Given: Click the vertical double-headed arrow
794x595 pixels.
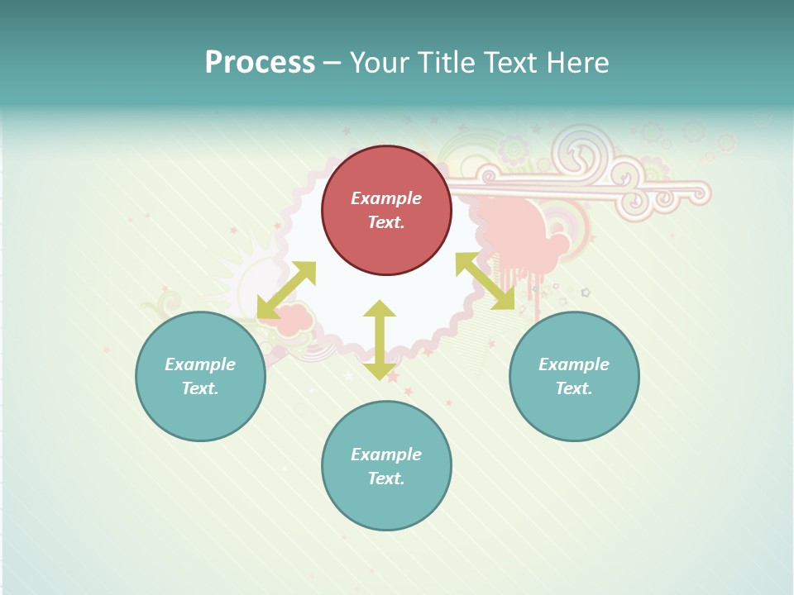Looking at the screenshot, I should click(x=380, y=340).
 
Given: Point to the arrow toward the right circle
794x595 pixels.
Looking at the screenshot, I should click(x=485, y=281).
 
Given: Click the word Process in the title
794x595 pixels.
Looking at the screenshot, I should click(x=260, y=63).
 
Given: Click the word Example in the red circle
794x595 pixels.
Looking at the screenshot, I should click(x=386, y=198).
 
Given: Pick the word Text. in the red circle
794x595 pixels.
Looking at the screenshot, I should click(x=386, y=222).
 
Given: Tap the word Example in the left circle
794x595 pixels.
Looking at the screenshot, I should click(x=200, y=364).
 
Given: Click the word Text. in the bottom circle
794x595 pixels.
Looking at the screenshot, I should click(x=386, y=478).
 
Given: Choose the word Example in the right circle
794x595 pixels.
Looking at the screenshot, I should click(x=574, y=364).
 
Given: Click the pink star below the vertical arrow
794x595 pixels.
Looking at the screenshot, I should click(x=393, y=376).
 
